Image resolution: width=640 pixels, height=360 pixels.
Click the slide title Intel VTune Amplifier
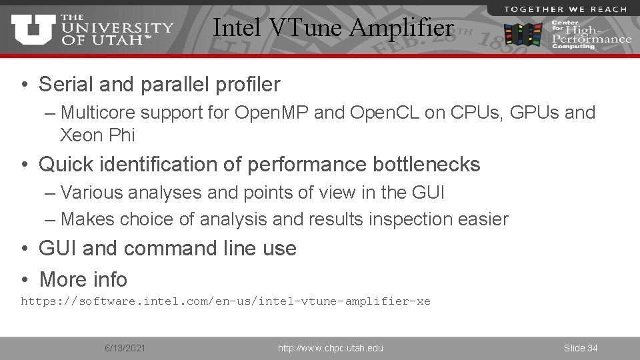pos(333,28)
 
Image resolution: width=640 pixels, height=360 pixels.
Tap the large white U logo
pos(33,29)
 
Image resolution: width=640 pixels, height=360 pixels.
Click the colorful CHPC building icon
pos(523,33)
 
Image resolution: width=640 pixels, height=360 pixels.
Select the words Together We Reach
pos(565,9)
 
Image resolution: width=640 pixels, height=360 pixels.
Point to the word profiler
pos(247,85)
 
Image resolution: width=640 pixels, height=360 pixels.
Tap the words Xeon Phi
pos(97,135)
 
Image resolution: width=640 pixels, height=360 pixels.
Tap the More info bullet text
pos(83,279)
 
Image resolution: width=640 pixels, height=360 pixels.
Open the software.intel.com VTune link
pos(225,301)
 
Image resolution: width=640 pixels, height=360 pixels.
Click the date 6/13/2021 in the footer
pos(125,348)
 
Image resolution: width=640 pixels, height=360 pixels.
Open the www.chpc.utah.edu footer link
pos(330,348)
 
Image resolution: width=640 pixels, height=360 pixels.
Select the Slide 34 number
pos(580,348)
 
